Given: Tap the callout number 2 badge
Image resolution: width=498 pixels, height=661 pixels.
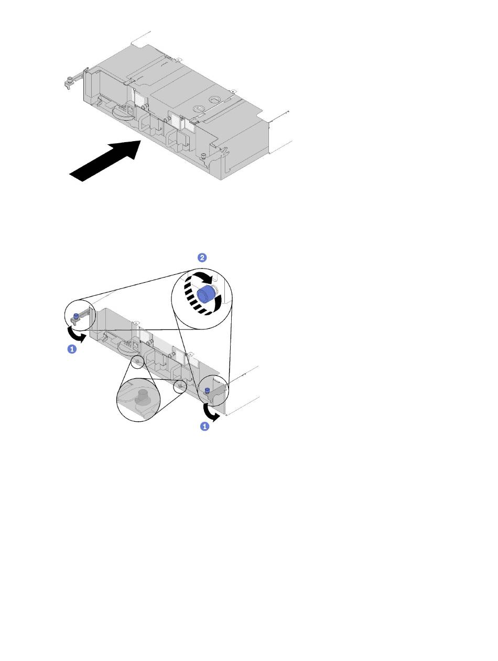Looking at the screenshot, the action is tap(202, 258).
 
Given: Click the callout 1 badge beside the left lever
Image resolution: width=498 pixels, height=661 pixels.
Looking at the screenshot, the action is tap(72, 349).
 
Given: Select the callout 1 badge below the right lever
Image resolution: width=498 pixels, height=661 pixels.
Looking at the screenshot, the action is tap(204, 426).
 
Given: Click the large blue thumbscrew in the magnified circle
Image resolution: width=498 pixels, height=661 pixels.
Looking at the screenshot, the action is tap(205, 294).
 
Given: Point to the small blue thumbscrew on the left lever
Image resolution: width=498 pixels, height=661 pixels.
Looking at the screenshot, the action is tap(76, 316).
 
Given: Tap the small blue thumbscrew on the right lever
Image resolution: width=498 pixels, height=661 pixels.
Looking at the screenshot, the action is tap(207, 391).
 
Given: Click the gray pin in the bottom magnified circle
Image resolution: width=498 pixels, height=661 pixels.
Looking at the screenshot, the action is tap(140, 395).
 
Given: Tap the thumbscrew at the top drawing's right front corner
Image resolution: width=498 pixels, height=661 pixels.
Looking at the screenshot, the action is tap(203, 155).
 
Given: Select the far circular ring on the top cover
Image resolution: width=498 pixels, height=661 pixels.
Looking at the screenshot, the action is tap(215, 99).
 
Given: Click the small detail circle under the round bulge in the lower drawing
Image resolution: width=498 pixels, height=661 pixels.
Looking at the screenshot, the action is tap(137, 361).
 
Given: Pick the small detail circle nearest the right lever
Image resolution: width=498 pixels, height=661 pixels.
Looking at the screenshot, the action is tap(180, 386).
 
